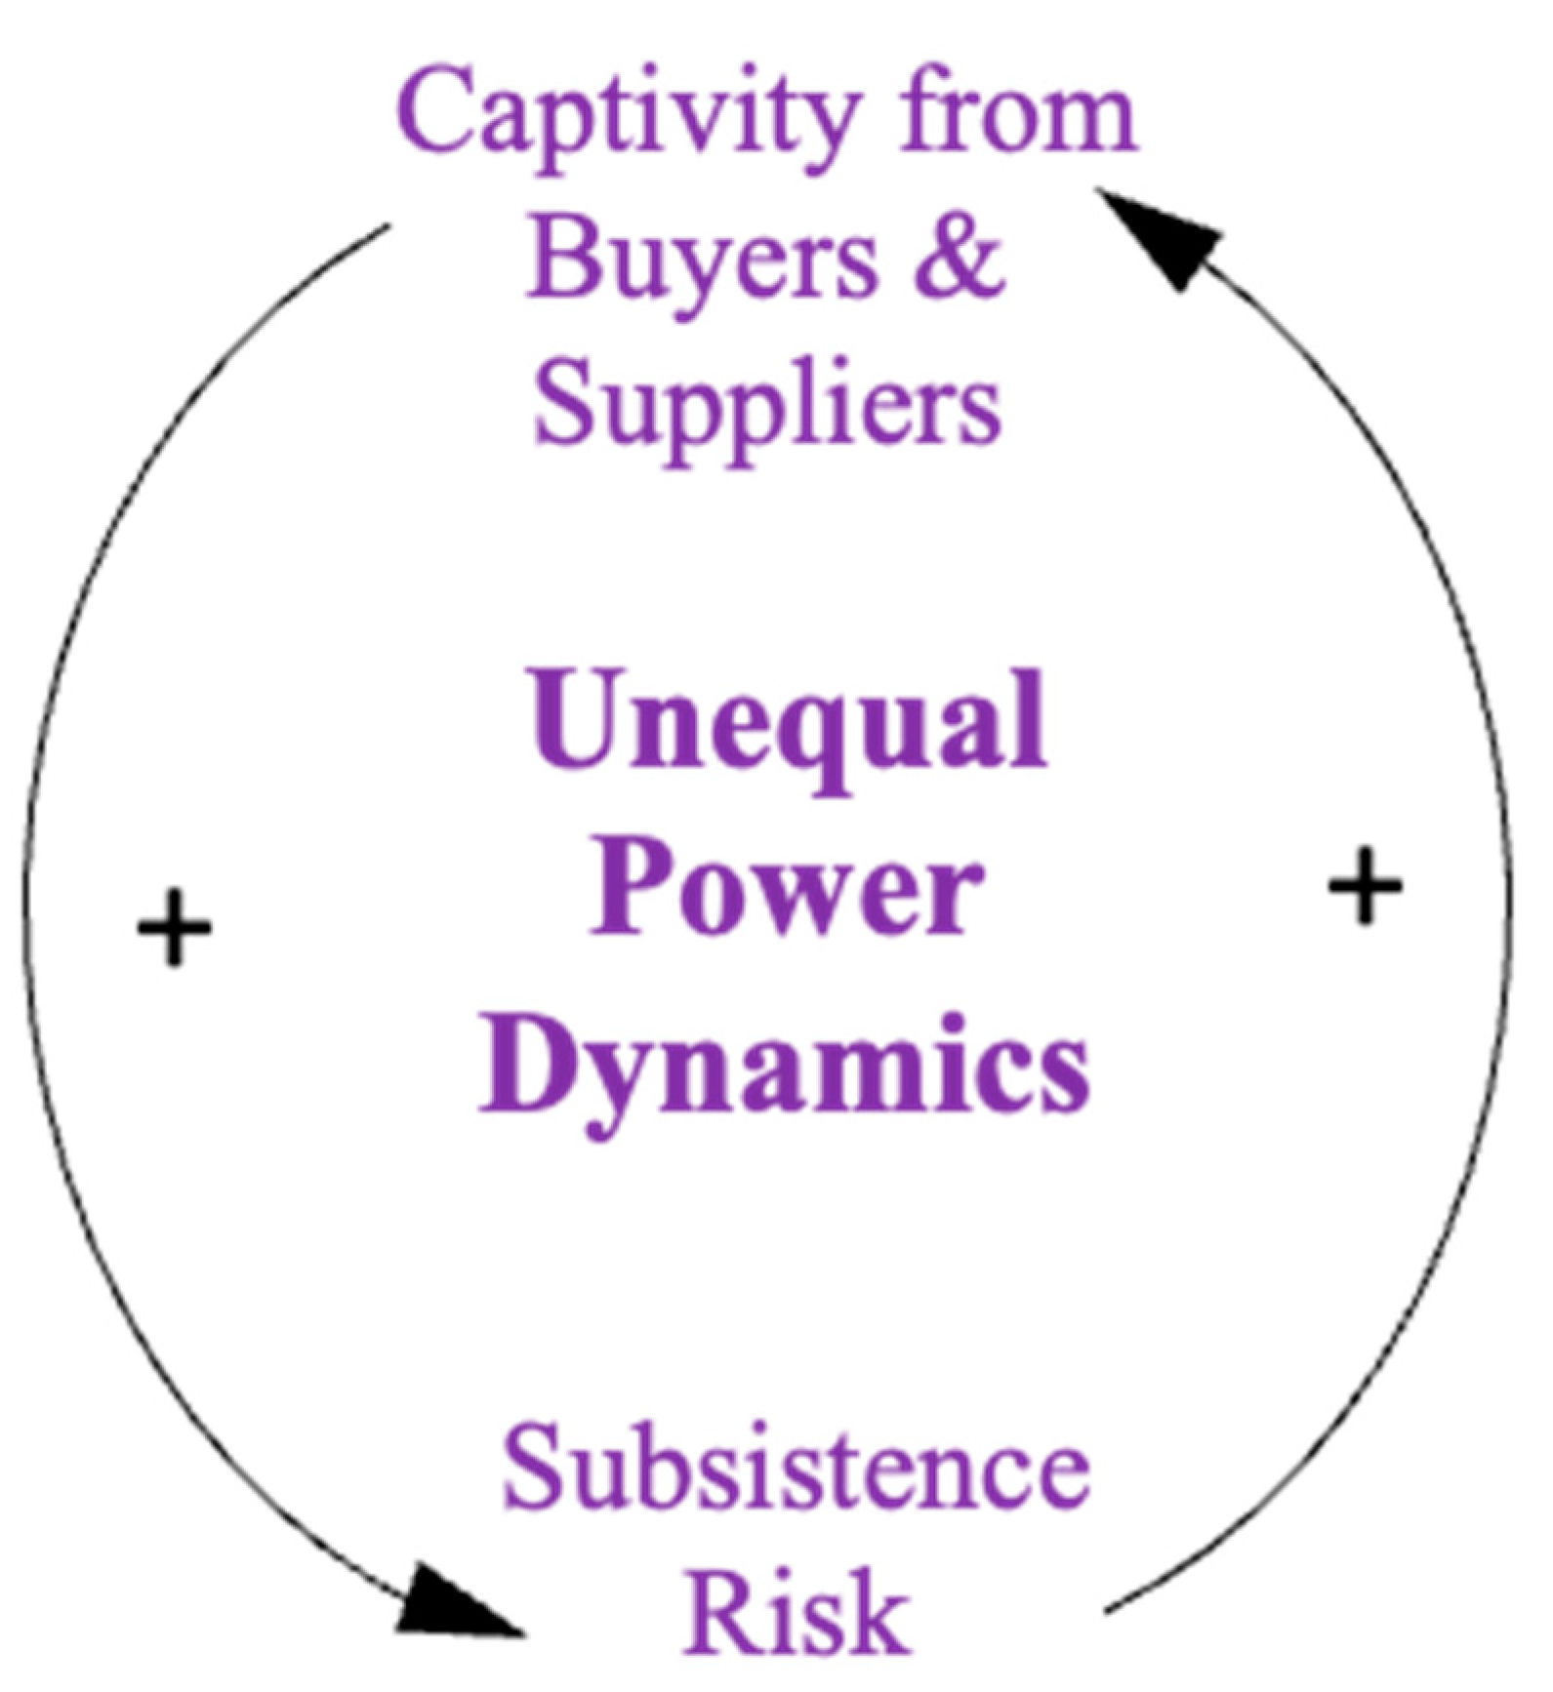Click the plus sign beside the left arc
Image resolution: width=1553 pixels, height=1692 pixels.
(x=174, y=927)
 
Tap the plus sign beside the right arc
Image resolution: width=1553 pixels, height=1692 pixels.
(x=1365, y=886)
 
